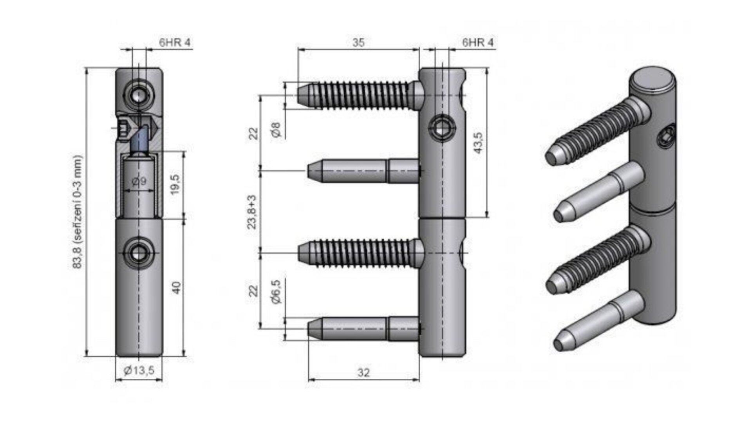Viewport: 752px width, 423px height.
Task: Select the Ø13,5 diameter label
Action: pyautogui.click(x=139, y=370)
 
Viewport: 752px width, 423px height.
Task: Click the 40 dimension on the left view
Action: pyautogui.click(x=176, y=288)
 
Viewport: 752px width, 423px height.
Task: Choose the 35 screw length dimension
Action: pyautogui.click(x=358, y=42)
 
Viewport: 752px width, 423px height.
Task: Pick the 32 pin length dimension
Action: pyautogui.click(x=363, y=372)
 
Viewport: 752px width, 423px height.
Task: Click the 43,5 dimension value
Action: pyautogui.click(x=478, y=143)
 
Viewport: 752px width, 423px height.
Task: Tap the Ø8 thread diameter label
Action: pyautogui.click(x=276, y=129)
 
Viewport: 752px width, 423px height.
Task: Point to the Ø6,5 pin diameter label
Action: pyautogui.click(x=276, y=292)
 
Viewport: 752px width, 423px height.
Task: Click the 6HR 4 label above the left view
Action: pyautogui.click(x=175, y=42)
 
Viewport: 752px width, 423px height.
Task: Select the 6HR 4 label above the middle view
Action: pyautogui.click(x=478, y=42)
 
